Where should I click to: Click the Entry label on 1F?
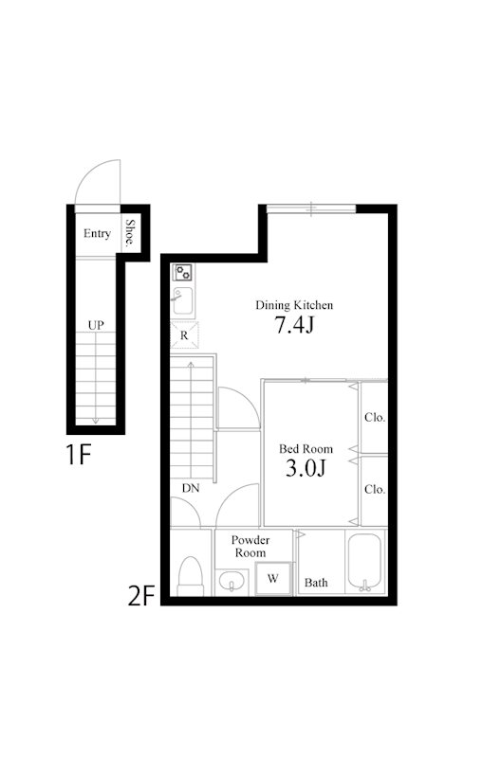click(97, 233)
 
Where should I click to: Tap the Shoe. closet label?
click(130, 233)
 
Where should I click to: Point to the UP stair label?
click(96, 325)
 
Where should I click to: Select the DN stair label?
click(191, 488)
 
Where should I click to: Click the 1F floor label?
click(79, 455)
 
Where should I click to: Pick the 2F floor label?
click(140, 596)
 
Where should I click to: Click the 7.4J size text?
click(294, 324)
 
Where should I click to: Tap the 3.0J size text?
click(306, 467)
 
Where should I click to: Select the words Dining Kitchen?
click(294, 305)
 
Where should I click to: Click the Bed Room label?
click(306, 448)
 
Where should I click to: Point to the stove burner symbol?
click(183, 273)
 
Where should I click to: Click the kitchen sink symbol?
click(183, 300)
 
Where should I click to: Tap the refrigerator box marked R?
click(184, 335)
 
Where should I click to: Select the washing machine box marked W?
click(273, 578)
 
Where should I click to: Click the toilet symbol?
click(190, 576)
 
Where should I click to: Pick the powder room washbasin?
click(232, 581)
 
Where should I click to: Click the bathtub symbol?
click(364, 563)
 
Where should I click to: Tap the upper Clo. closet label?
click(375, 417)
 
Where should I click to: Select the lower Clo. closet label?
click(375, 489)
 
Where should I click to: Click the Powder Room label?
click(250, 547)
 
